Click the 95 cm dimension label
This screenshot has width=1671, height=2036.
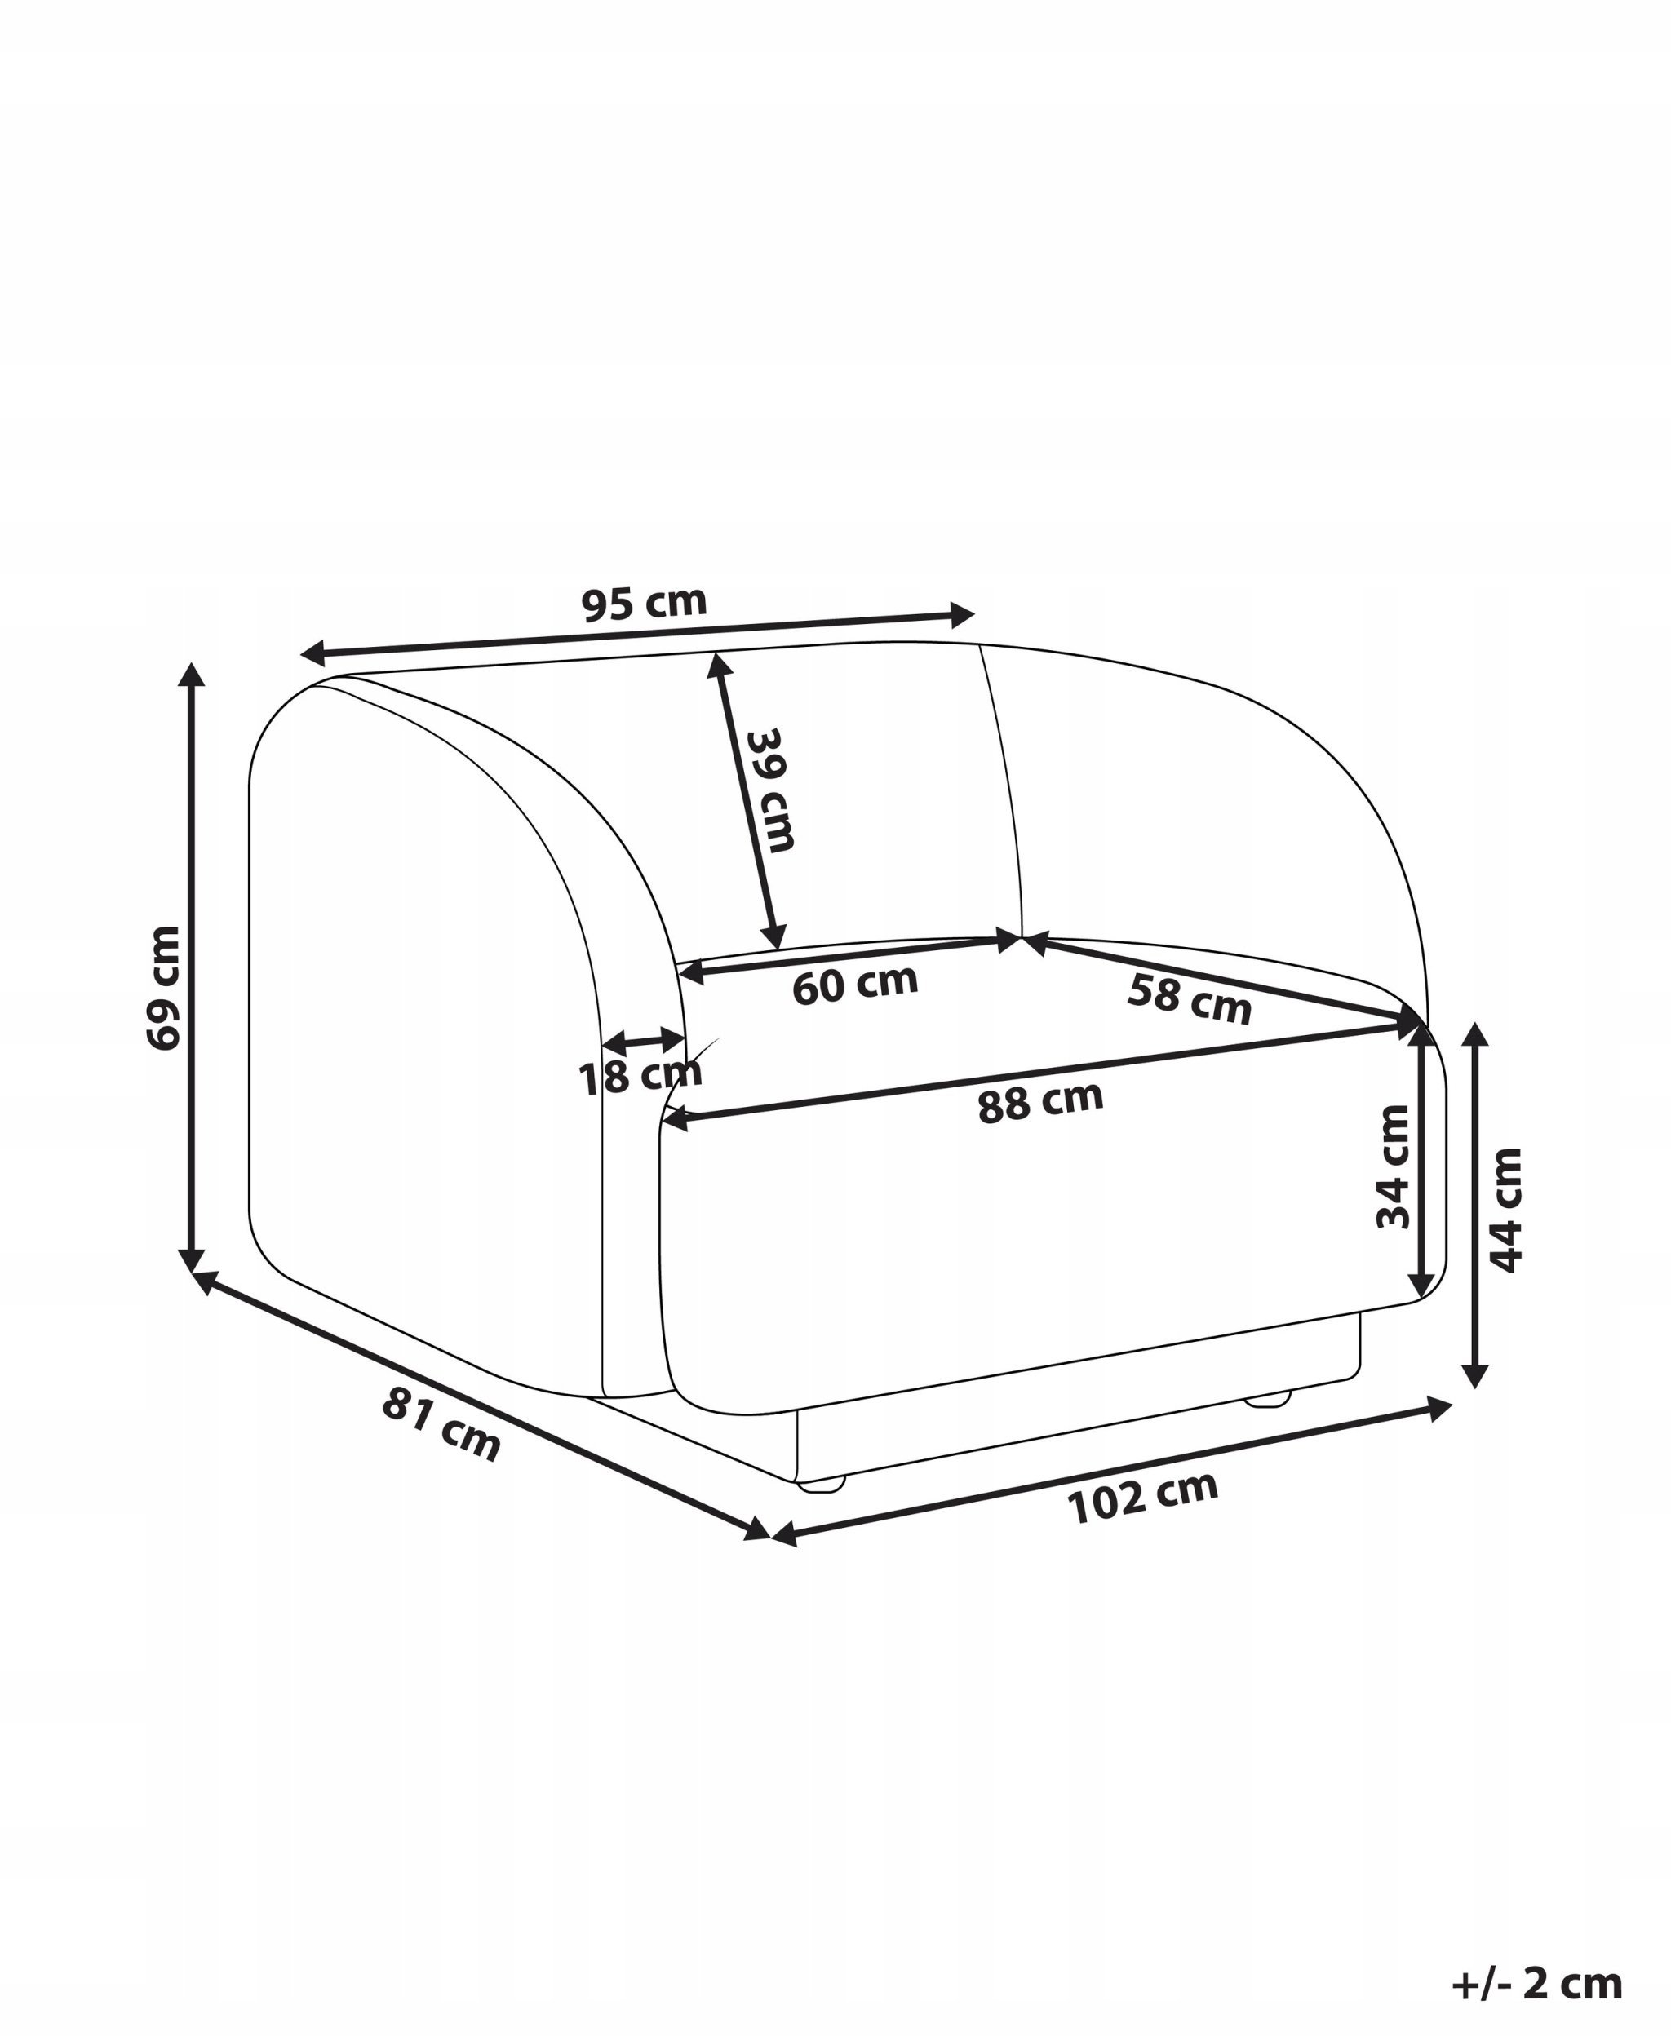pos(644,604)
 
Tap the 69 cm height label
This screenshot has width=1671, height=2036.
pos(164,987)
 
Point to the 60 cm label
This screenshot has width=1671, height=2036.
pos(855,984)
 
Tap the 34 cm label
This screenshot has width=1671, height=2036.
pos(1393,1166)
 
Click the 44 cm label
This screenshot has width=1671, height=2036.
pos(1505,1211)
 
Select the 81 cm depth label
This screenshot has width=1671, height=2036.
pos(441,1424)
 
